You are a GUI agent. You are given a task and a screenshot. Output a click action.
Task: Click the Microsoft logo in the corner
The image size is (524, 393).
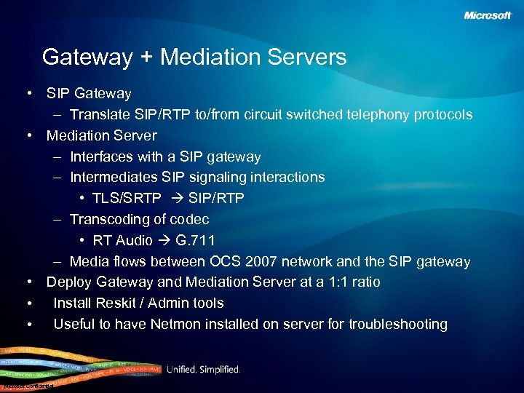click(488, 15)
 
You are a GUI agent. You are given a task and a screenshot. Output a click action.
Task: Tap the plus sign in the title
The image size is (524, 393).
click(146, 57)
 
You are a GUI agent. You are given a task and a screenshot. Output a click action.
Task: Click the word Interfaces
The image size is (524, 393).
click(102, 157)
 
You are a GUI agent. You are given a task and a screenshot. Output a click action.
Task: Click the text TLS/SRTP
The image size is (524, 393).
click(127, 199)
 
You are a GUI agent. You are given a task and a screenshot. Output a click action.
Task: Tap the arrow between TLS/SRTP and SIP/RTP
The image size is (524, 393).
click(175, 199)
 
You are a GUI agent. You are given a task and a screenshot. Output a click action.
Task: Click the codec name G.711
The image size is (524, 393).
click(195, 241)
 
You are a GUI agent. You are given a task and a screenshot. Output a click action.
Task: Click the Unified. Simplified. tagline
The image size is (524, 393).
click(203, 370)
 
